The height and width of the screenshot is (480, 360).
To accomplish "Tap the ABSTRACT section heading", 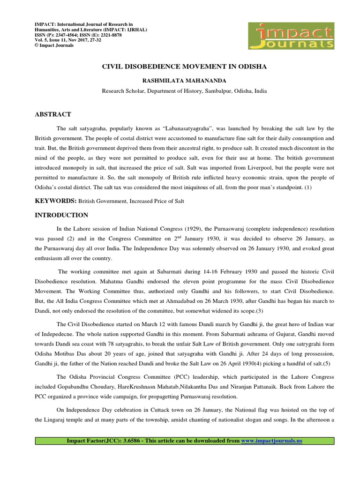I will [x=53, y=114].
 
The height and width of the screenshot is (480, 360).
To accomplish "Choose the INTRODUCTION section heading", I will [x=61, y=215].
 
